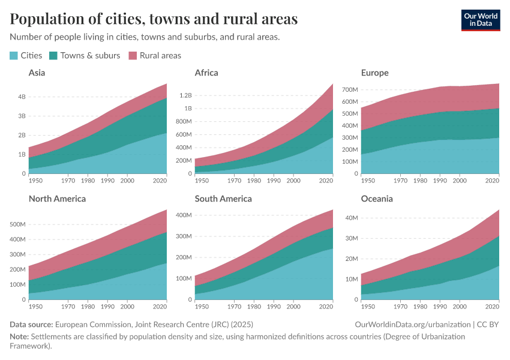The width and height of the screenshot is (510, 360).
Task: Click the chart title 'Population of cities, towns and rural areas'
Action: tap(154, 19)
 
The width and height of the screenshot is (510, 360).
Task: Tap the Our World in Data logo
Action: tap(481, 20)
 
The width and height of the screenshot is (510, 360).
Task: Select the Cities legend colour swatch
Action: tap(14, 56)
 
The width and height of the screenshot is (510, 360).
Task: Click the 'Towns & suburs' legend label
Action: tap(90, 55)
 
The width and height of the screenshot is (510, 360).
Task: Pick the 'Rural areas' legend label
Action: tap(160, 55)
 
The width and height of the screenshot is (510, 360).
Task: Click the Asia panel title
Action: tap(37, 73)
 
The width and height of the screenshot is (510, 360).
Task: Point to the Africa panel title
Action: tap(206, 73)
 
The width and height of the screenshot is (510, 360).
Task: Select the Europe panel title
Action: tap(375, 73)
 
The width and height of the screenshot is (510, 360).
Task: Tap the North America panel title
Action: tap(57, 199)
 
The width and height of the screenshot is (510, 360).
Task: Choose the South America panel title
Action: tap(223, 199)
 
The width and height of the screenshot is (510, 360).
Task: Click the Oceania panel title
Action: tap(377, 199)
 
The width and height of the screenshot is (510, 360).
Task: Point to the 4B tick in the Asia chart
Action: tap(22, 97)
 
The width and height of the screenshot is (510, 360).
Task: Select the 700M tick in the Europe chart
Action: tap(349, 89)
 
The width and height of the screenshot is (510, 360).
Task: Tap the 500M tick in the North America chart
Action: tap(17, 224)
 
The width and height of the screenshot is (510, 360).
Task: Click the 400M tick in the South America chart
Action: tap(183, 215)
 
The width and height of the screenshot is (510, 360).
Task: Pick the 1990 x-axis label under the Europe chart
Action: tap(440, 180)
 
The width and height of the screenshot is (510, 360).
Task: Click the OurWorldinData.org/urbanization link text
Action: tap(413, 325)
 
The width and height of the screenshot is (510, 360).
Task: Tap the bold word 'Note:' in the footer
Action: tap(20, 337)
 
